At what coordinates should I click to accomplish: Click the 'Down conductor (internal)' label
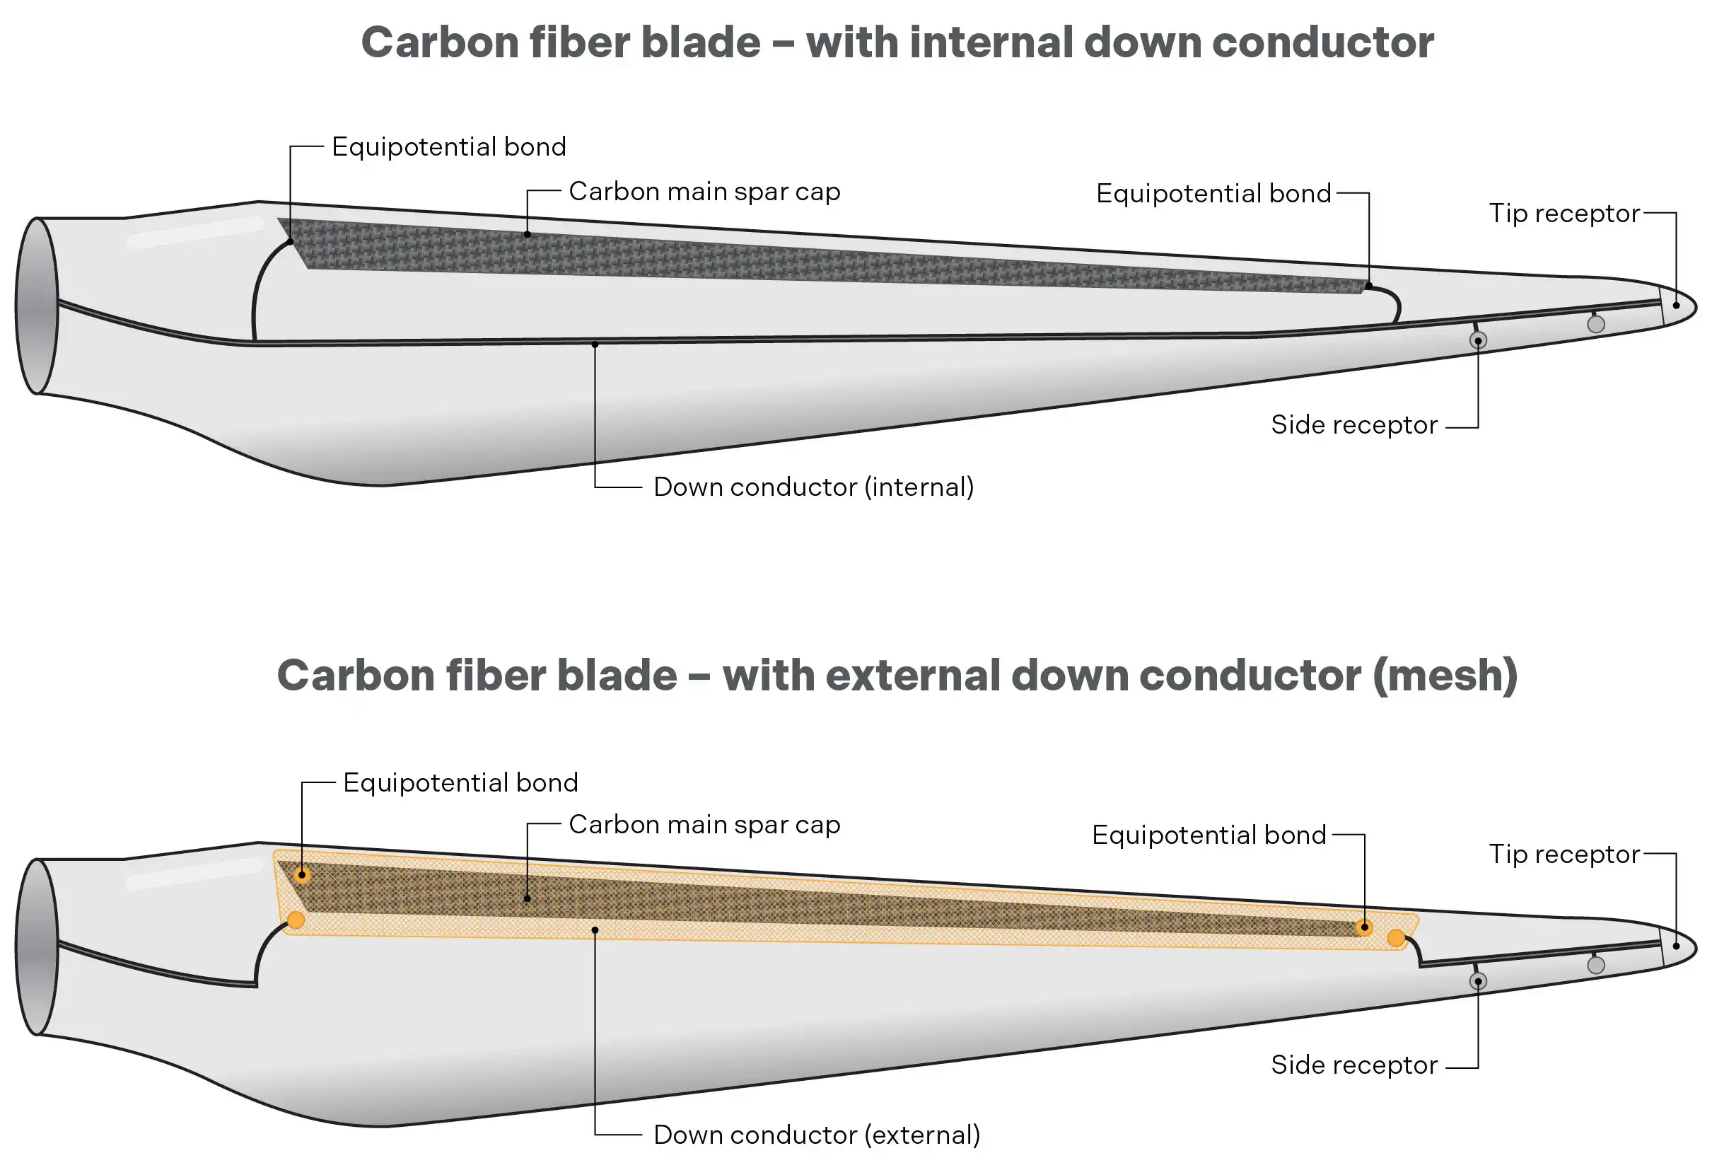813,487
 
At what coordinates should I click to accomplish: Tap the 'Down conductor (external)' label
816,1135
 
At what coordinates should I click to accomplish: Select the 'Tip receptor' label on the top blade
1564,213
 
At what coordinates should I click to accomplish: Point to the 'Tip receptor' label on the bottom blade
1564,854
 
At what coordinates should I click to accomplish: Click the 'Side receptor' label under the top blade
1354,424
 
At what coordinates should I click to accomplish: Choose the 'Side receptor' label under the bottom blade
1354,1065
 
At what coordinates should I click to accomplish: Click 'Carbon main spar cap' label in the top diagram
704,192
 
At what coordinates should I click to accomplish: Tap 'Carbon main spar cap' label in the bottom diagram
704,825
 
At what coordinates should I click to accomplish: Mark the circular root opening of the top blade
37,306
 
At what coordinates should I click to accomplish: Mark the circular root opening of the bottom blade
37,946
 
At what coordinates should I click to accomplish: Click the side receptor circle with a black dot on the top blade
1478,340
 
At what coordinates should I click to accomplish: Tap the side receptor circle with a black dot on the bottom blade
1478,981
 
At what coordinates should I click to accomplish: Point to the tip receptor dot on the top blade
1677,305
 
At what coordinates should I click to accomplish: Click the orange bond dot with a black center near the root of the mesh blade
302,876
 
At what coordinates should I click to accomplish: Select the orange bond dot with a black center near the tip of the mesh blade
1364,927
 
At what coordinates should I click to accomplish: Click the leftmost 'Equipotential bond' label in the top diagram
448,146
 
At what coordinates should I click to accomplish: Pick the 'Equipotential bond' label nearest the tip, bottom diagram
1209,835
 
